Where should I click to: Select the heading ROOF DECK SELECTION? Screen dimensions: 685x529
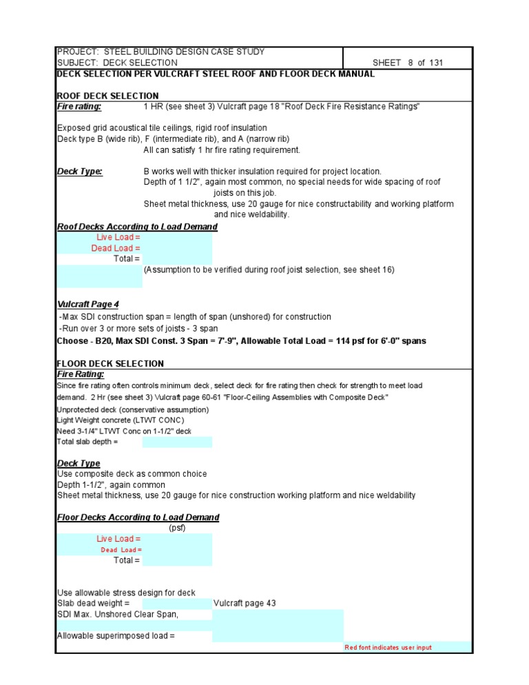click(107, 96)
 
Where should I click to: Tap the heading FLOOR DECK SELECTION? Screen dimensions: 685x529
click(110, 363)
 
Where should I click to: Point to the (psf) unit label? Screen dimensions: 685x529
click(177, 528)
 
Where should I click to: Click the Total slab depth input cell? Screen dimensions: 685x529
click(177, 442)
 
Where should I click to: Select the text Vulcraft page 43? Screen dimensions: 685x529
click(245, 603)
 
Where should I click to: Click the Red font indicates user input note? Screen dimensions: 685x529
click(388, 648)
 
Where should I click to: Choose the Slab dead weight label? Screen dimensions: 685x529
click(93, 603)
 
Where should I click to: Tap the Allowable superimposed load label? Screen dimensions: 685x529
click(116, 636)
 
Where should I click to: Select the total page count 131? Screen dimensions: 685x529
click(436, 63)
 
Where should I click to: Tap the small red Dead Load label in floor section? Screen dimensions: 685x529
click(121, 550)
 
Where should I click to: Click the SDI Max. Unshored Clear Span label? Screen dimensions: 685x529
click(118, 614)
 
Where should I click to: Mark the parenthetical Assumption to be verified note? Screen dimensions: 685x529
click(269, 269)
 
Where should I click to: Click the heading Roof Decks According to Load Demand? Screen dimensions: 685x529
click(137, 227)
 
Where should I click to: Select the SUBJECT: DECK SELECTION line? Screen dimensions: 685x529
click(117, 63)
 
